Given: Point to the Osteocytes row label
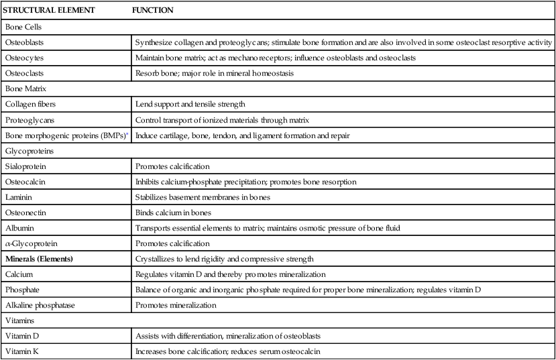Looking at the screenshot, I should (x=24, y=58).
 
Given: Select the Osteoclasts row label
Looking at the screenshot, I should (x=24, y=72).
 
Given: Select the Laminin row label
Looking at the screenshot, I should (x=19, y=197).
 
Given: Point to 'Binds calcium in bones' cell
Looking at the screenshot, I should (x=174, y=213).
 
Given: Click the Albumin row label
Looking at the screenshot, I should (x=19, y=228).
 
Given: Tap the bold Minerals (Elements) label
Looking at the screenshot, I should (x=39, y=258).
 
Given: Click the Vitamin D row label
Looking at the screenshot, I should (x=23, y=336).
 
